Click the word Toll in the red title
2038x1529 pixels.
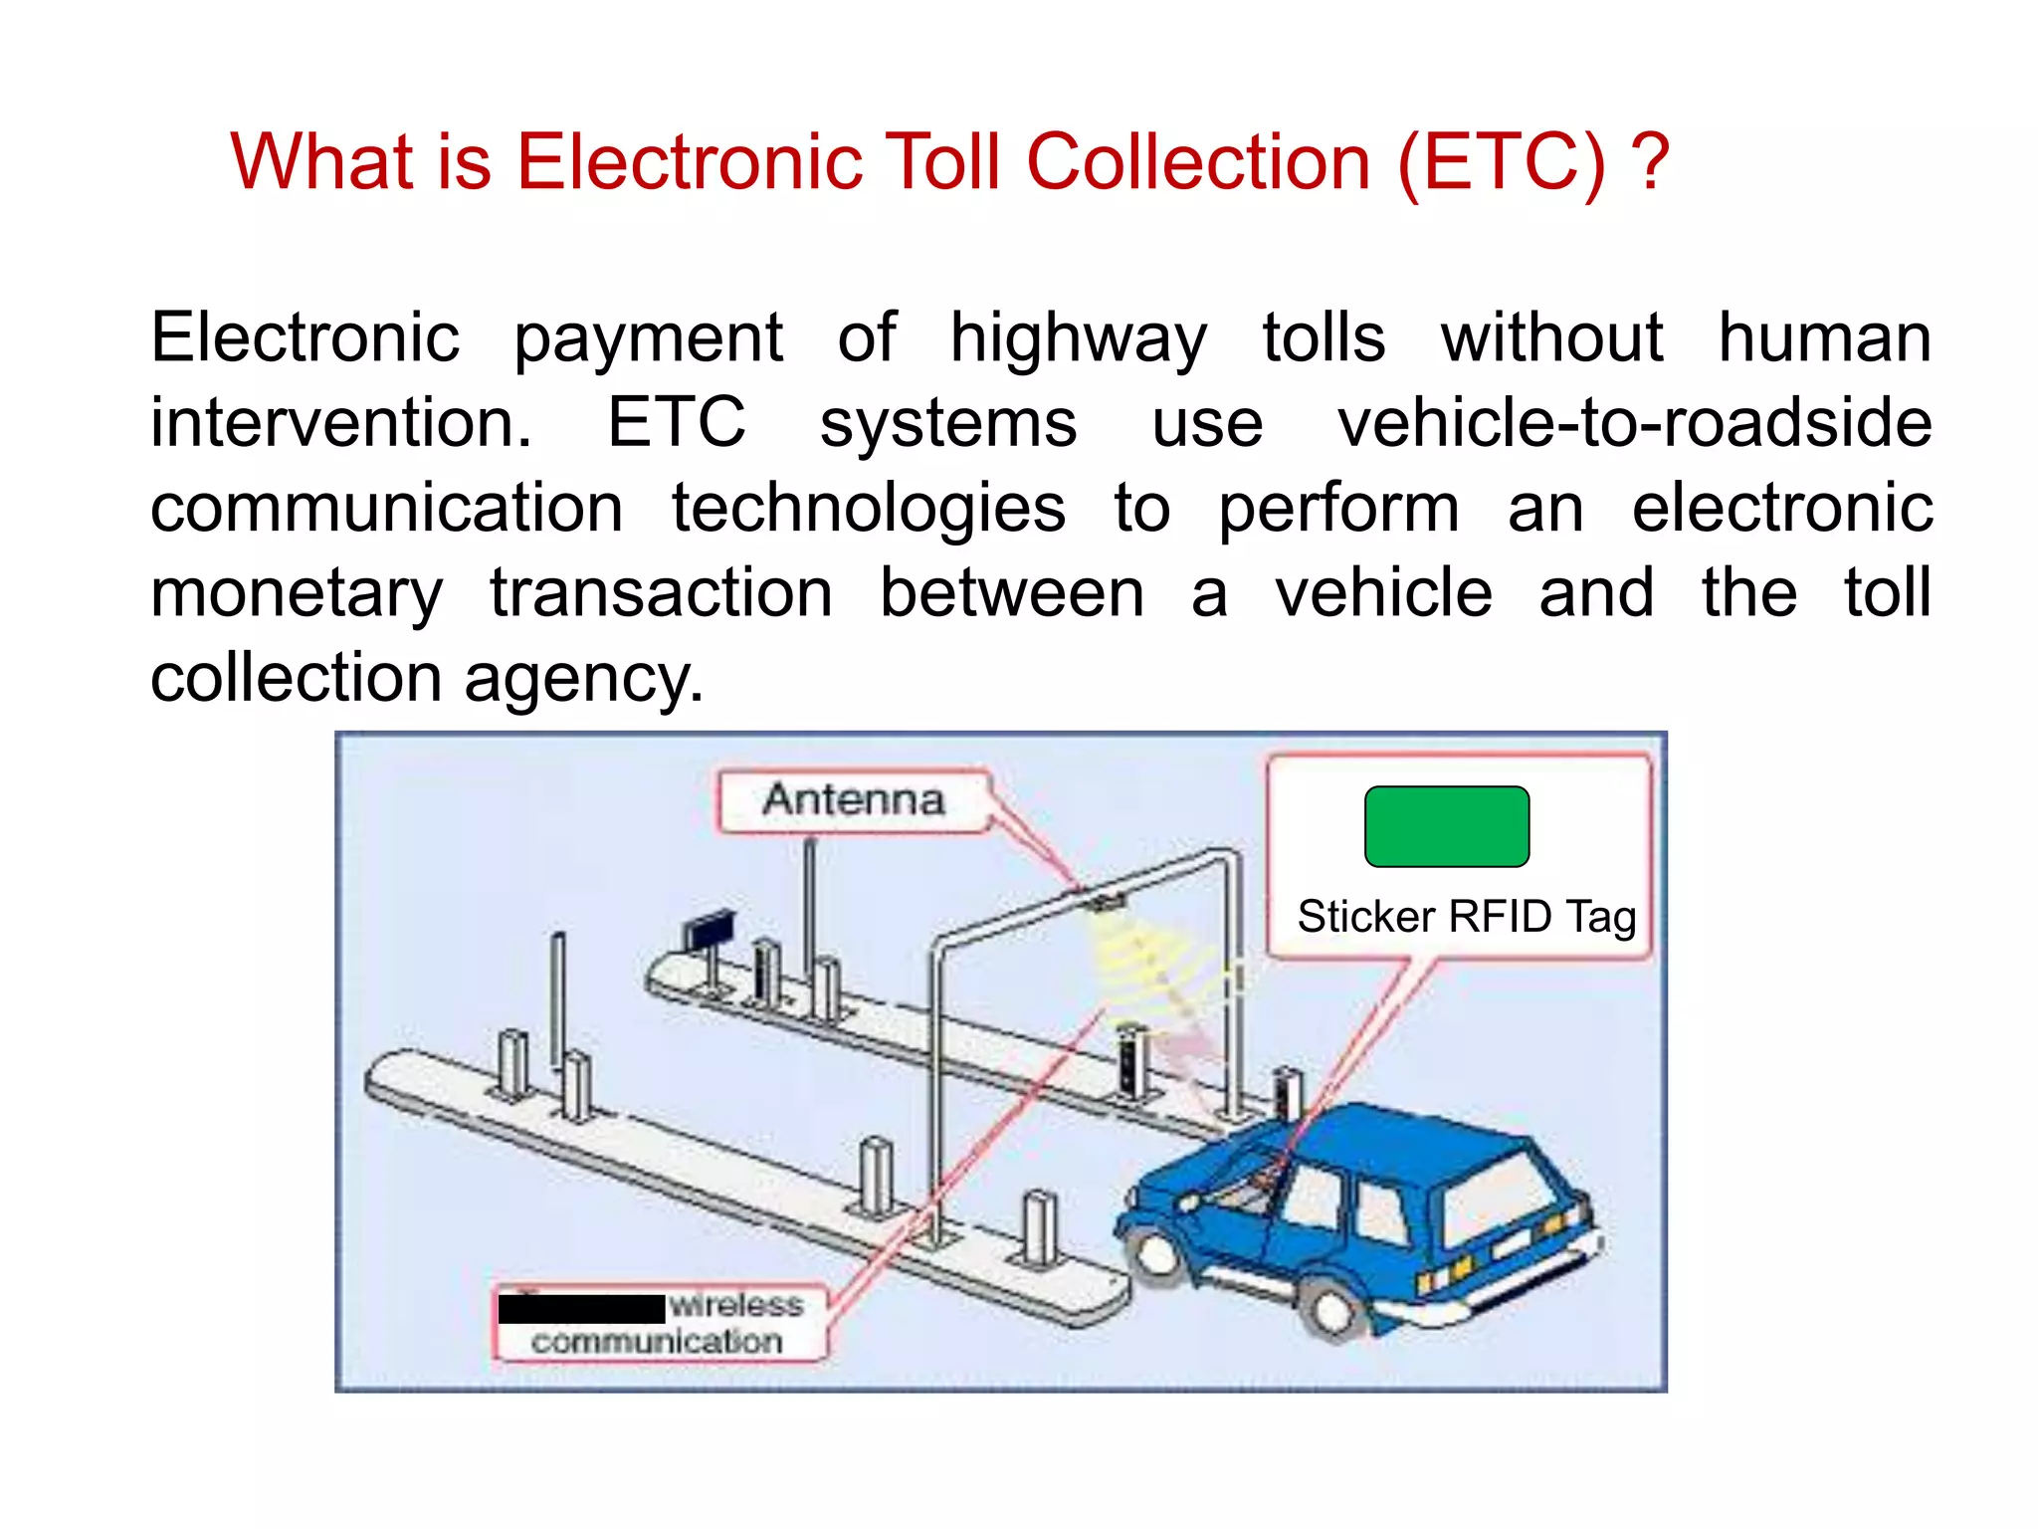point(943,162)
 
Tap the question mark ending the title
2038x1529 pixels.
point(1650,162)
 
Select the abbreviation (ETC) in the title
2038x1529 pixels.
point(1501,162)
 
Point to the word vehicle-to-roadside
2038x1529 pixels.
point(1633,424)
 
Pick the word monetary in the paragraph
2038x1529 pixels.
point(297,595)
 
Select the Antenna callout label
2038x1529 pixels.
point(853,800)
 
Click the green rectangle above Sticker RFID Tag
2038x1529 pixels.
point(1446,826)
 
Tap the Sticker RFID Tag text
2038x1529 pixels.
point(1466,917)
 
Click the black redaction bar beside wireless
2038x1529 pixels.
point(581,1308)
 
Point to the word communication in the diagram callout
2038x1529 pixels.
point(657,1342)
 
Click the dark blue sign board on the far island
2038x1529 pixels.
point(709,932)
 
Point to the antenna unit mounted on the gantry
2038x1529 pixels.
point(1106,904)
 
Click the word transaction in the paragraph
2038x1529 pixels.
point(661,595)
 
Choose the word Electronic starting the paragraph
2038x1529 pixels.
point(305,338)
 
